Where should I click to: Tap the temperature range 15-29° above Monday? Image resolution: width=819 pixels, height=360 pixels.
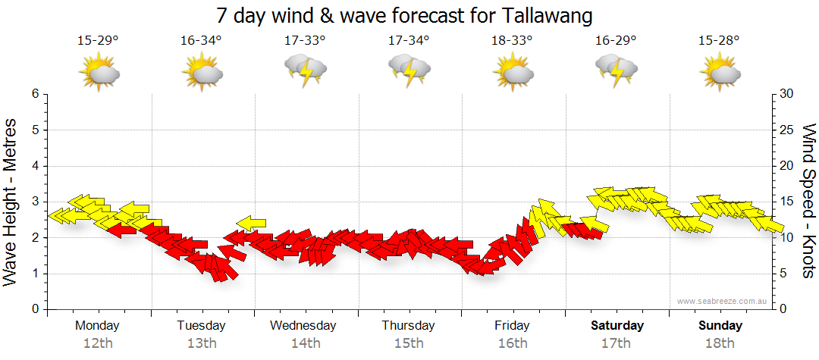pos(98,41)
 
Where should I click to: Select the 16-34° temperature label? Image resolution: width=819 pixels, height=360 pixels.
pos(201,41)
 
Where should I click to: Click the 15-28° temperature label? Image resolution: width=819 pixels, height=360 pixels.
pos(720,41)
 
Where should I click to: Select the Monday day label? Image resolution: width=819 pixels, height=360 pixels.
pos(97,326)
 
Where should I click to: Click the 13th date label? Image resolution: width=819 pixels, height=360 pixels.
pos(201,343)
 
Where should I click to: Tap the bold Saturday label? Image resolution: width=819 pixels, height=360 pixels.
pos(617,326)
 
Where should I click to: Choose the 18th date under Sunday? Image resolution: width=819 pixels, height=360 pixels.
pos(720,343)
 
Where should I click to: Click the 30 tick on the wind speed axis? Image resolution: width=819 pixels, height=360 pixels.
pos(787,94)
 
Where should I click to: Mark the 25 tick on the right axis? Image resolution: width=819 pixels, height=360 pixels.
pos(787,130)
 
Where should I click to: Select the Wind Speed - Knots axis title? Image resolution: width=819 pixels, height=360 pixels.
pos(808,202)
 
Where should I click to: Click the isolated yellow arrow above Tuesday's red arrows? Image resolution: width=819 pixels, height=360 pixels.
pos(251,222)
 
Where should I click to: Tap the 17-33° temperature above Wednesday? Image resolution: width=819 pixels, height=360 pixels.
pos(305,41)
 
